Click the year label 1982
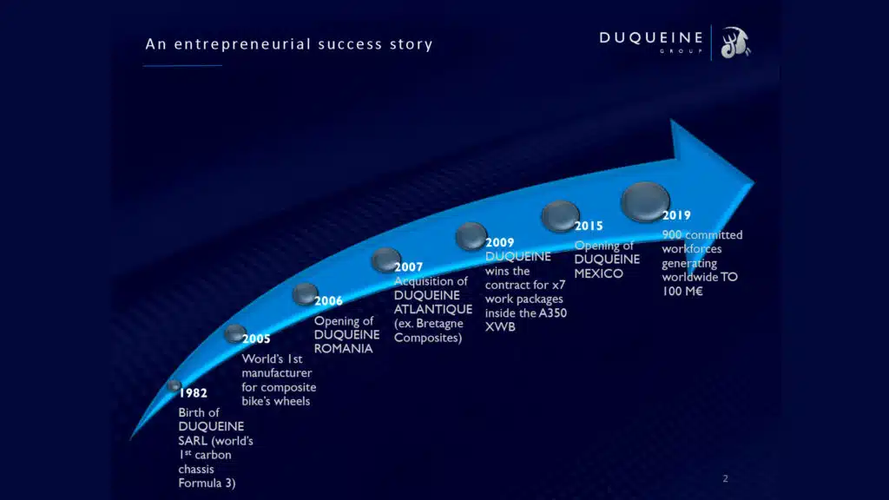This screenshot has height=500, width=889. [x=194, y=393]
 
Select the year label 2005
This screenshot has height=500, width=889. [x=256, y=339]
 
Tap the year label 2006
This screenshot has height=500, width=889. [x=329, y=301]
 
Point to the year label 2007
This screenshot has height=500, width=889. [x=409, y=267]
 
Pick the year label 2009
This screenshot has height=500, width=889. [x=500, y=243]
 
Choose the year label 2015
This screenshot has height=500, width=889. [x=589, y=227]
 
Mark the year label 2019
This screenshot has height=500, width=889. [x=676, y=215]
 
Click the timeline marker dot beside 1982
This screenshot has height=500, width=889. [x=174, y=386]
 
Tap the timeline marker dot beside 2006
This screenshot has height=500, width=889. [x=305, y=294]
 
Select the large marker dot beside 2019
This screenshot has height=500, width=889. [x=645, y=201]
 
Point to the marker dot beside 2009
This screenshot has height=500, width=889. [x=471, y=236]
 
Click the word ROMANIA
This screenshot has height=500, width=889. [x=344, y=349]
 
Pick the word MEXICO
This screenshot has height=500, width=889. [x=599, y=273]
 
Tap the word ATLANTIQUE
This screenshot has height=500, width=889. [x=433, y=310]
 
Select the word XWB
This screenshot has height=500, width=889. [x=500, y=327]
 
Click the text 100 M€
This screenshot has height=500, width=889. [x=682, y=292]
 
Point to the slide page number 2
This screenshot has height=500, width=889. [x=725, y=479]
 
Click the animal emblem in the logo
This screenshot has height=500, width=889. [x=735, y=43]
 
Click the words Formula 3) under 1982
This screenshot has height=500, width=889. [x=207, y=483]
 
